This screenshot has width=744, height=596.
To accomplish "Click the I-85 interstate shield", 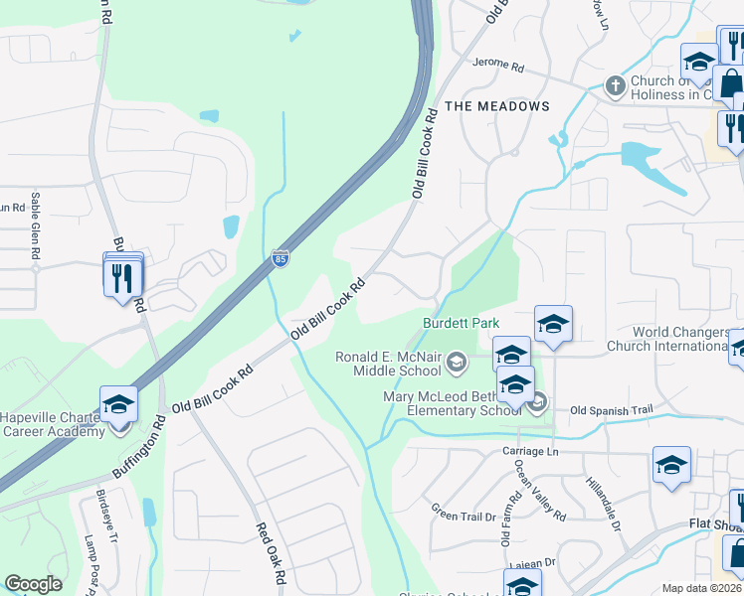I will [x=280, y=258].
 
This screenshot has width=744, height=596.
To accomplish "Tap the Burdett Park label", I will [x=461, y=324].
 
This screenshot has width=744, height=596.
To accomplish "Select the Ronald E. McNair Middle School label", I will [x=388, y=365].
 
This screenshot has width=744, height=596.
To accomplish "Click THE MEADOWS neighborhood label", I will [x=496, y=106].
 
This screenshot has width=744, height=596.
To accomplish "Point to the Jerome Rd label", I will [x=498, y=66].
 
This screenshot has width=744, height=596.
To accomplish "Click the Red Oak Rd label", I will [x=271, y=554].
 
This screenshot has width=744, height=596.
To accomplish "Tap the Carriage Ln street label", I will [x=531, y=452].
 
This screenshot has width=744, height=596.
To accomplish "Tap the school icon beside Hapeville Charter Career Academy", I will [x=118, y=404].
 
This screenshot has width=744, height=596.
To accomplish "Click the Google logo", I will [x=33, y=584].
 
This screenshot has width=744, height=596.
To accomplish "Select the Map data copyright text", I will [x=701, y=588].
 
